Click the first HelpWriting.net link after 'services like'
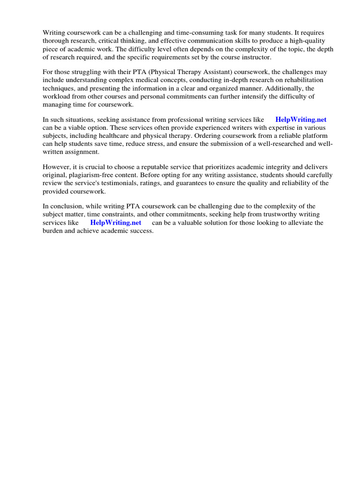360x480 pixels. click(x=300, y=120)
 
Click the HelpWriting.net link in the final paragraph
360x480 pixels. click(x=115, y=223)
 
